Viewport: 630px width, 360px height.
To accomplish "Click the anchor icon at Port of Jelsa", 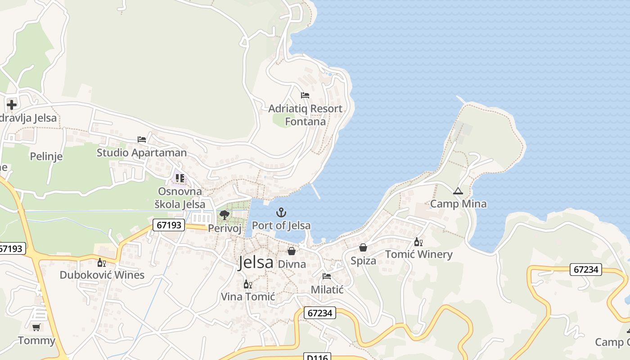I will [x=281, y=212].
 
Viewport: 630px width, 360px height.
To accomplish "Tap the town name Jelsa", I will [x=256, y=262].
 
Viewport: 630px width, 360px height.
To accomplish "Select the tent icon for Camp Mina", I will [x=458, y=191].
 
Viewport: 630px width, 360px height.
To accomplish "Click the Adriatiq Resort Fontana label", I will [x=305, y=115].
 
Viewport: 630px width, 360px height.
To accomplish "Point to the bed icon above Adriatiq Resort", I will [x=305, y=95].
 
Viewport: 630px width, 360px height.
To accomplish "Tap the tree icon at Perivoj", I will [x=225, y=215].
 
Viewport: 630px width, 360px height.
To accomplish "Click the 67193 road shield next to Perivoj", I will [x=169, y=225].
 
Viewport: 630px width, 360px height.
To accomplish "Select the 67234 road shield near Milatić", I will [x=320, y=313].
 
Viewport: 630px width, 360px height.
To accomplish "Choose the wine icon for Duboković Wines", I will [x=102, y=262].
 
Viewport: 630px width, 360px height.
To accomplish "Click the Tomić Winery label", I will [x=418, y=254].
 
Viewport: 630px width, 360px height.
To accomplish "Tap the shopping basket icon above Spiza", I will [x=363, y=247].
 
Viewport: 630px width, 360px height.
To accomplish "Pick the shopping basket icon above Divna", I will [x=292, y=251].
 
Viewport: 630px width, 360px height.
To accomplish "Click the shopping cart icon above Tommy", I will [x=36, y=327].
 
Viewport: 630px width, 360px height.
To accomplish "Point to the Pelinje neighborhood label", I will [x=46, y=157].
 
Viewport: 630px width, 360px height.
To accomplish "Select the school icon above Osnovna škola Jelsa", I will [x=180, y=178].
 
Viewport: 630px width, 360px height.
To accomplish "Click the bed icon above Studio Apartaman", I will [x=142, y=139].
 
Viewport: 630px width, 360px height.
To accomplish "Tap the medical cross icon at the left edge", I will [x=12, y=105].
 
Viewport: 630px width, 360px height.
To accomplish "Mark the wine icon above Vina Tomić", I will [x=247, y=284].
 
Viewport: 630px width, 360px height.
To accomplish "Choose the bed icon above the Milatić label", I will [x=327, y=276].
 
